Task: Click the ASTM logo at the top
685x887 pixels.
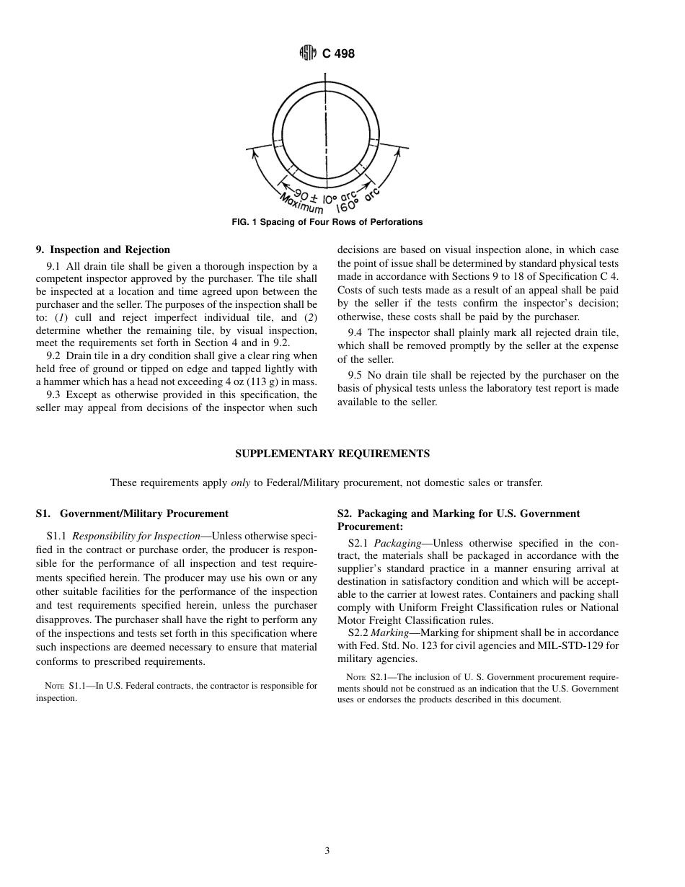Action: [307, 53]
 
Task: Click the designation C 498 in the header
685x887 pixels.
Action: [339, 53]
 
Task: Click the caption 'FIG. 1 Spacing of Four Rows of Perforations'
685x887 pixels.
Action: [327, 222]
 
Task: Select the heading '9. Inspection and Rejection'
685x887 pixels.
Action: [103, 250]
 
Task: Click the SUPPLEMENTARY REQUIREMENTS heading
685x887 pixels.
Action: [332, 454]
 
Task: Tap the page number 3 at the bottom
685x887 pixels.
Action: [327, 851]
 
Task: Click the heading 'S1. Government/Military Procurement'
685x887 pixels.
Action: [132, 513]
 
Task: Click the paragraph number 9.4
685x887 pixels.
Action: [355, 332]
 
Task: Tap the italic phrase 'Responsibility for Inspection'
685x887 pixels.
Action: [123, 537]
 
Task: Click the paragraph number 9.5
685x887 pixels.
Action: [355, 375]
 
